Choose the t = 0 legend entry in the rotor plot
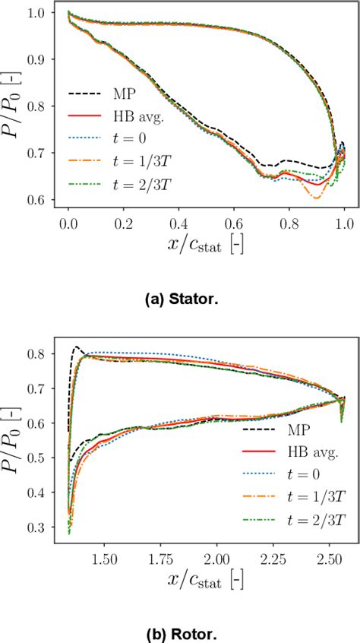(296, 476)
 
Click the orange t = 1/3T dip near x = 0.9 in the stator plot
(315, 197)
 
